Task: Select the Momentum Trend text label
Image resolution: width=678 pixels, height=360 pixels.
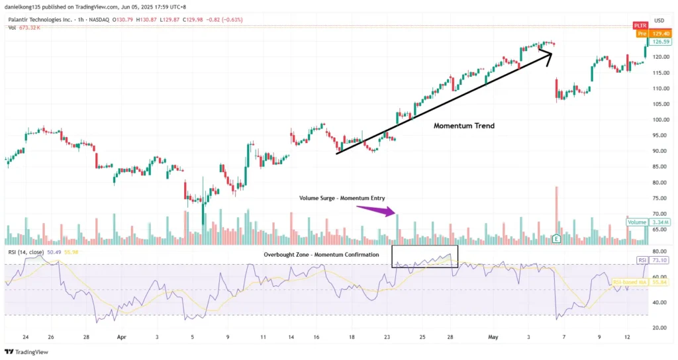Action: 463,126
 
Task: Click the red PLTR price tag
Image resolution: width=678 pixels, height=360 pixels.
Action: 640,25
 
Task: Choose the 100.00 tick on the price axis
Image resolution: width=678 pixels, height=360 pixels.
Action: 659,120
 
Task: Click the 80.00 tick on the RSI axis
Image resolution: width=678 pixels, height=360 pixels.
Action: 659,251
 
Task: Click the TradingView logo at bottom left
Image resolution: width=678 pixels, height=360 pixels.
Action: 26,351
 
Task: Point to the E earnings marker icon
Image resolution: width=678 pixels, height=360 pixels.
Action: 556,238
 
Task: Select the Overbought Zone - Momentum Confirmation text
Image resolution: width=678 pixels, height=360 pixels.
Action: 321,255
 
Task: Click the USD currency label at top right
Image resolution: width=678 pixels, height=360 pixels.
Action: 659,21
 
